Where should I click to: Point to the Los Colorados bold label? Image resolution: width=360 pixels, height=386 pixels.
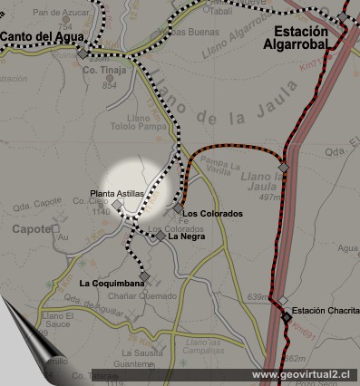[213, 213]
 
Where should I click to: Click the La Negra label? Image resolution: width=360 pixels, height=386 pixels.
[186, 236]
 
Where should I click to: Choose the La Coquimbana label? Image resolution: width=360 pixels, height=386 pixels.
[112, 284]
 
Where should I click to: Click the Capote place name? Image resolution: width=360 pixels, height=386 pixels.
[29, 229]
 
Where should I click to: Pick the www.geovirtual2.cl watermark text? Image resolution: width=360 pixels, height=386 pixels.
[304, 374]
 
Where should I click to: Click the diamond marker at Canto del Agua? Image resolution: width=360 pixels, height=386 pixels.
[83, 53]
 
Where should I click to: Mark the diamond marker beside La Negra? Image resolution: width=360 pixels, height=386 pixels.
[161, 236]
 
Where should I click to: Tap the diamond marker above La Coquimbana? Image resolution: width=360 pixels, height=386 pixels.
[144, 275]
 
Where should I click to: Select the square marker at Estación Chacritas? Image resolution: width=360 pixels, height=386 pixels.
[286, 317]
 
